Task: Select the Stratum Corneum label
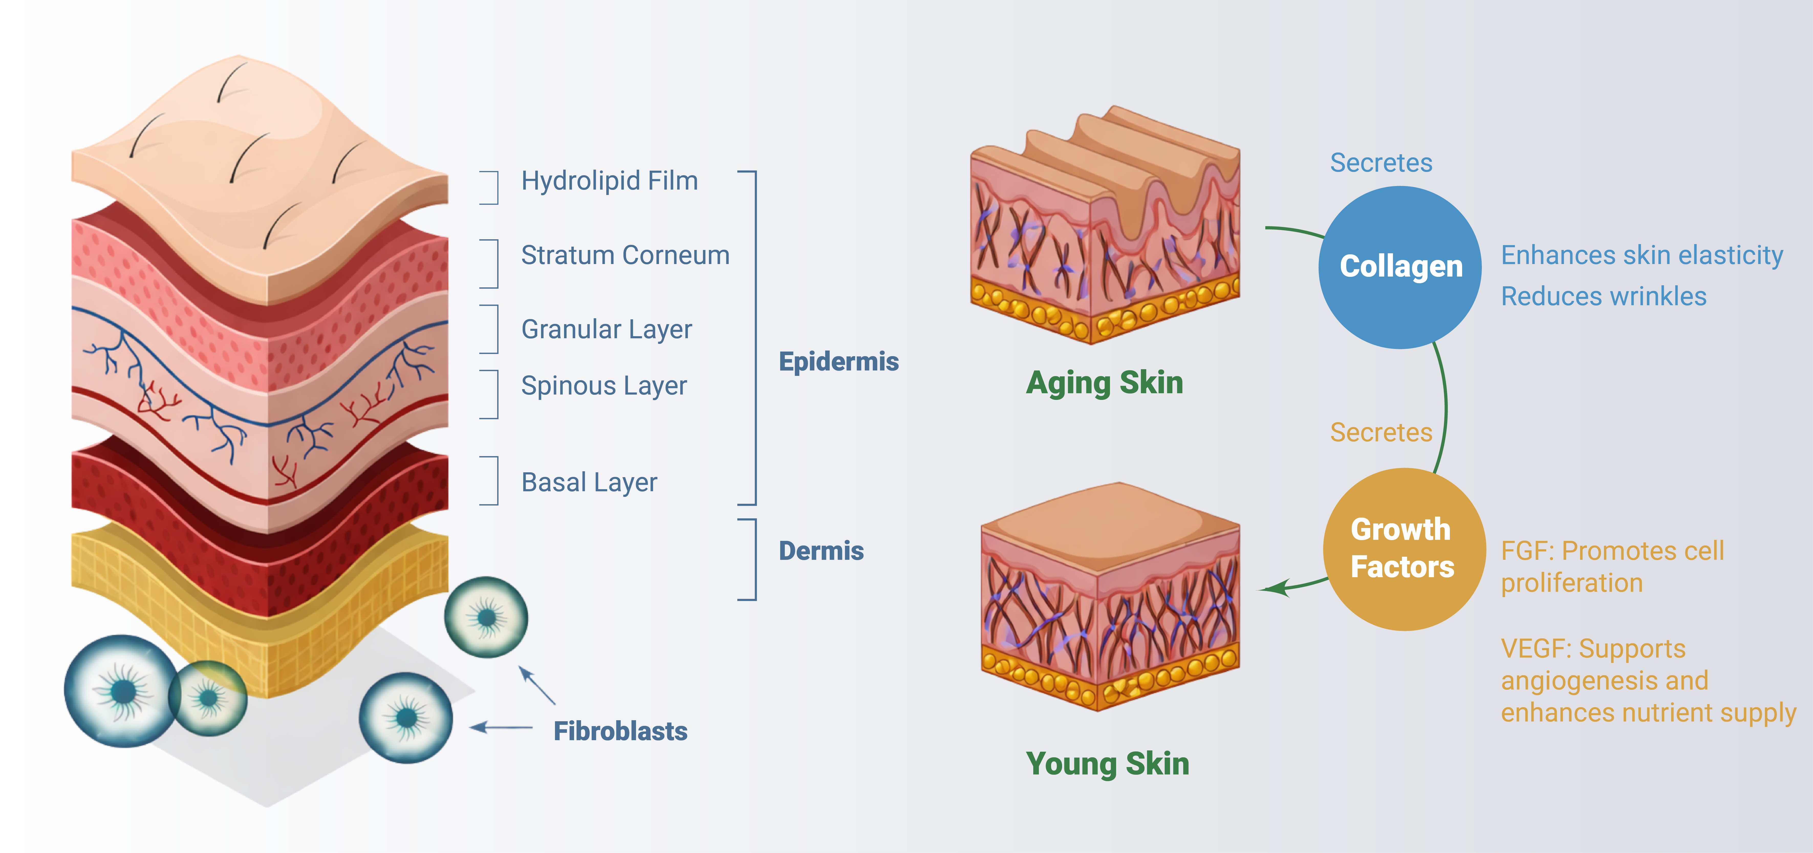(x=625, y=255)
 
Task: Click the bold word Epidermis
(x=838, y=361)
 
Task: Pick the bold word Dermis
(x=821, y=550)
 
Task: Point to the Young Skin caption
(x=1107, y=764)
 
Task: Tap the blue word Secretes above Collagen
(x=1381, y=162)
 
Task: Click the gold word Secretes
(x=1381, y=432)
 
